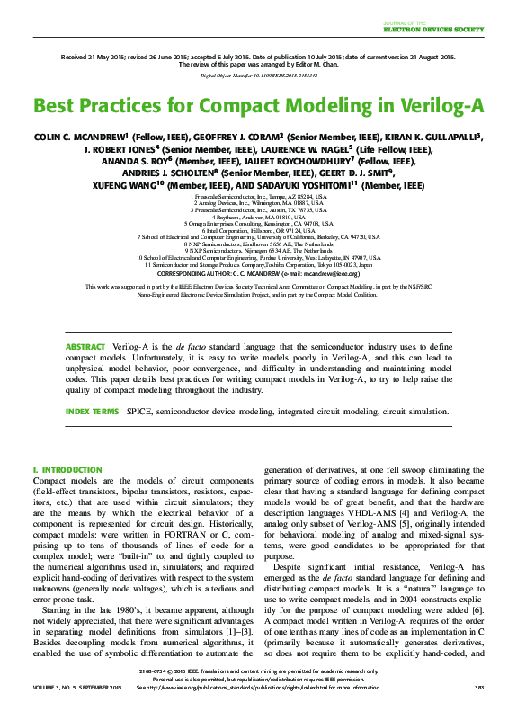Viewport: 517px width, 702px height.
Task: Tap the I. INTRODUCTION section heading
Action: point(67,470)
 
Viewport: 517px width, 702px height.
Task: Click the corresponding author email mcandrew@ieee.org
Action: point(334,272)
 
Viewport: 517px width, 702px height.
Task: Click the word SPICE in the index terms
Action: point(140,411)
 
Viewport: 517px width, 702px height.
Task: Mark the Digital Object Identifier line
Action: point(258,76)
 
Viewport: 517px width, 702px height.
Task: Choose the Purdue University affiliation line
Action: point(258,256)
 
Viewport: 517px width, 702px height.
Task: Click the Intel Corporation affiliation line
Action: point(258,229)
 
